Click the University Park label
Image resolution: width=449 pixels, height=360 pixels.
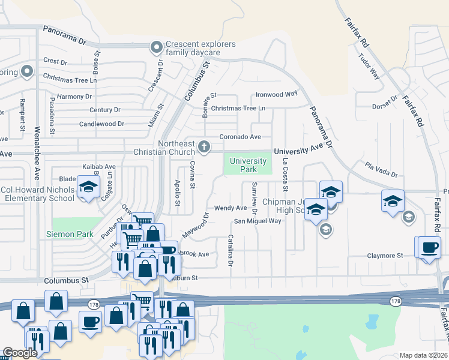pos(248,165)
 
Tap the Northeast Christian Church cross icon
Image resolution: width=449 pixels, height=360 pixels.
pos(204,146)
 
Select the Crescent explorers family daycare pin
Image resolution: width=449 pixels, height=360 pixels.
pos(157,46)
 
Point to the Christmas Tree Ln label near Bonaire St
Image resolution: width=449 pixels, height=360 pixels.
pos(238,108)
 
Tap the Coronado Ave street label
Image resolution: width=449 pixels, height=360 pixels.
pos(240,137)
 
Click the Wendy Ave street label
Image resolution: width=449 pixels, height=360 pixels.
pos(231,208)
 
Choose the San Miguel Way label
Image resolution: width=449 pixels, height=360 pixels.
pos(257,221)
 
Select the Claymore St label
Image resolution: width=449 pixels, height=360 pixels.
pos(385,256)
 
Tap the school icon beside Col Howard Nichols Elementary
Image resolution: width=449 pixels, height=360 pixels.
pos(88,187)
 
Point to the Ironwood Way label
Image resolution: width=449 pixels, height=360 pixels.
pos(276,94)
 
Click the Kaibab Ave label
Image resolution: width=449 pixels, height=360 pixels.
pos(98,167)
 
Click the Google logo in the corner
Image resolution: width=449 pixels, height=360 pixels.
pos(20,353)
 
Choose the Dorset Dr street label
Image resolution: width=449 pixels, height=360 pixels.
pos(385,103)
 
